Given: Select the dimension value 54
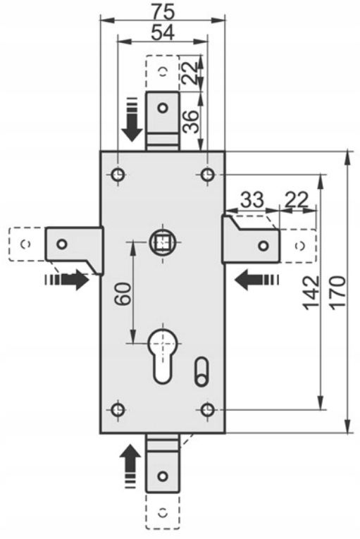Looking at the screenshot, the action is pos(163,32).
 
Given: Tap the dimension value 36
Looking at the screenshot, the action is pos(191,121).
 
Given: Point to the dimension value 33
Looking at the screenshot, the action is pos(252,199).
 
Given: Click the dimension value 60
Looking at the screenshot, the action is pos(123,293).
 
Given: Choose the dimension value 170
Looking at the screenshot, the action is pos(337,292).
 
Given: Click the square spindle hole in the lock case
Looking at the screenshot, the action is pos(163,242).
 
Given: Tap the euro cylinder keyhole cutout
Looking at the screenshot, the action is pos(162,355).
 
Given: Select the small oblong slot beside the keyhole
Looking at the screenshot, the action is pos(201,371).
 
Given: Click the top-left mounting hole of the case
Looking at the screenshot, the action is pos(118,175).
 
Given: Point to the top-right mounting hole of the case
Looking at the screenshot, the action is pos(208,175).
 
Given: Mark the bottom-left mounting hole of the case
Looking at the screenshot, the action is pos(118,409).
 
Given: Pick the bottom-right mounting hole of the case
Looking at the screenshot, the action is pos(208,409).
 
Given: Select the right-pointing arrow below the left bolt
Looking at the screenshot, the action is pos(68,279).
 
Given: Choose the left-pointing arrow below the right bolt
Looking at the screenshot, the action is pos(257,279).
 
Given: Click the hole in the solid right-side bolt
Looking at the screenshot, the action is pos(263,246).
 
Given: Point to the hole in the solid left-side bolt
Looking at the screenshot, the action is pos(62,244).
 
